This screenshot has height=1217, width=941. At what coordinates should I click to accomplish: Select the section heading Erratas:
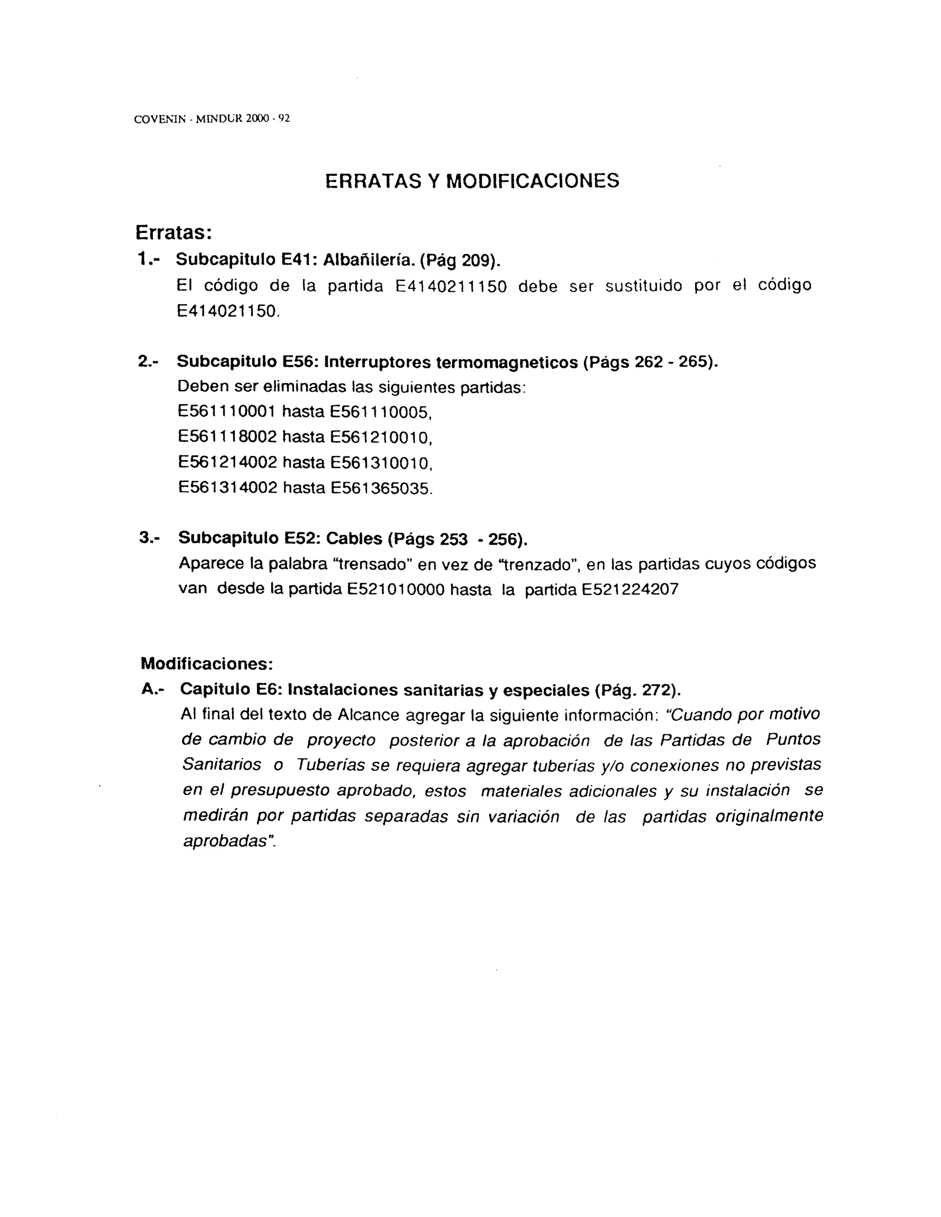173,232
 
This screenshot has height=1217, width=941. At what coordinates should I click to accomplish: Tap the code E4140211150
451,287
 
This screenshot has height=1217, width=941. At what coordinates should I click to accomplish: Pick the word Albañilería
368,260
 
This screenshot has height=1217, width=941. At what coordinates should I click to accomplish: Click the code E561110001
227,412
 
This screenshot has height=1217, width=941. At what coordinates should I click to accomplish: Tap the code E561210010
381,437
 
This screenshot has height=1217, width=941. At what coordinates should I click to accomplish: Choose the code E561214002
227,462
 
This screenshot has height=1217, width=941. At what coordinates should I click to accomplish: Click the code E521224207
630,590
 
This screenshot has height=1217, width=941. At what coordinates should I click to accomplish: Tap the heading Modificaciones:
207,664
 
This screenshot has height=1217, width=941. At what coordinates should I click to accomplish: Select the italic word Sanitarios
221,765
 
